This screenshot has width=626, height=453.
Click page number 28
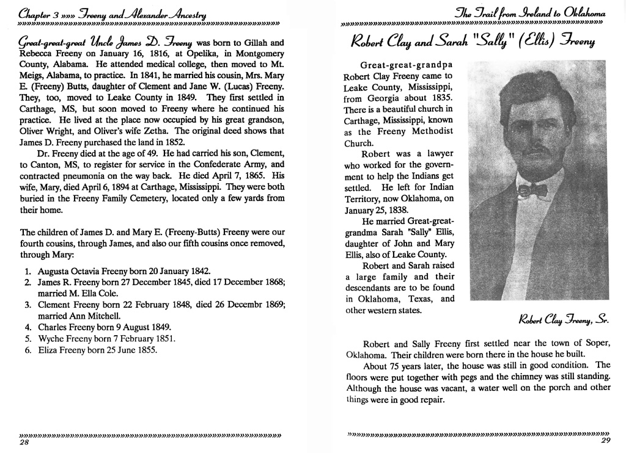[25, 443]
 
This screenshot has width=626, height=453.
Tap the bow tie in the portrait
[531, 190]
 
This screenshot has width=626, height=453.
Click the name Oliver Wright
[50, 131]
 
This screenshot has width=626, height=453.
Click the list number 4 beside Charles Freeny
[28, 327]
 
